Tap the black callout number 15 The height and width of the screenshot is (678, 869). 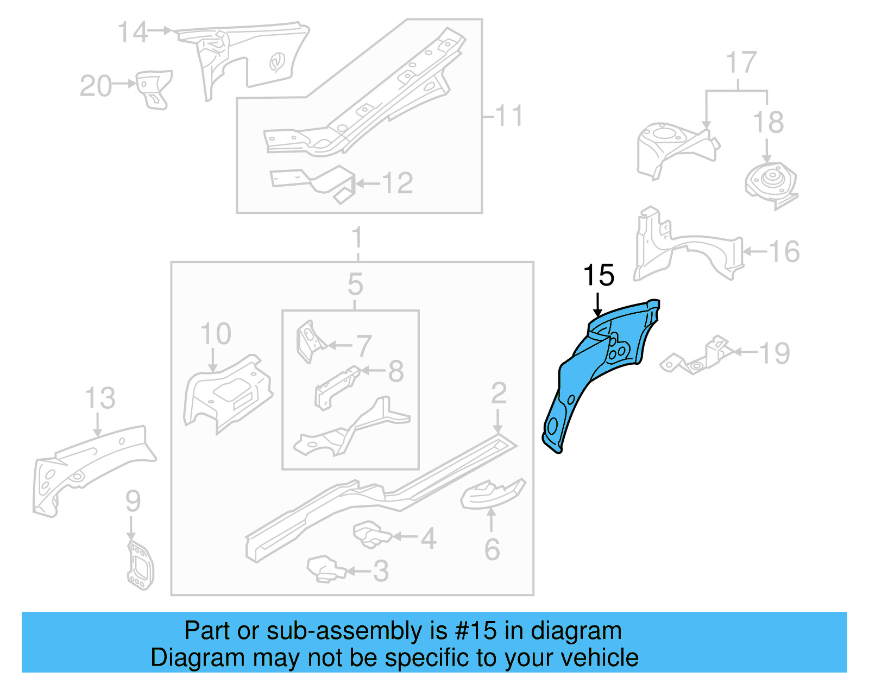point(599,275)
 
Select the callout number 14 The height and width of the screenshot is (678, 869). point(133,33)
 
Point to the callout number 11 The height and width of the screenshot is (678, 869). point(509,116)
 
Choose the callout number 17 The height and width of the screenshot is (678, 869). point(741,62)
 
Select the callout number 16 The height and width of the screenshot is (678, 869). point(784,251)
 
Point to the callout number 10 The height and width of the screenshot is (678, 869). point(216,333)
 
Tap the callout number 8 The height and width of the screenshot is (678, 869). point(396,371)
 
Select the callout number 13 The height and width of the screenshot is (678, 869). point(100,398)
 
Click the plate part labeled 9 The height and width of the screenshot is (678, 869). point(140,565)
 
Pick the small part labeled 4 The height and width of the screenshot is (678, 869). point(370,535)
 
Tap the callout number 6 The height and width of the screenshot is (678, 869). point(492,549)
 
